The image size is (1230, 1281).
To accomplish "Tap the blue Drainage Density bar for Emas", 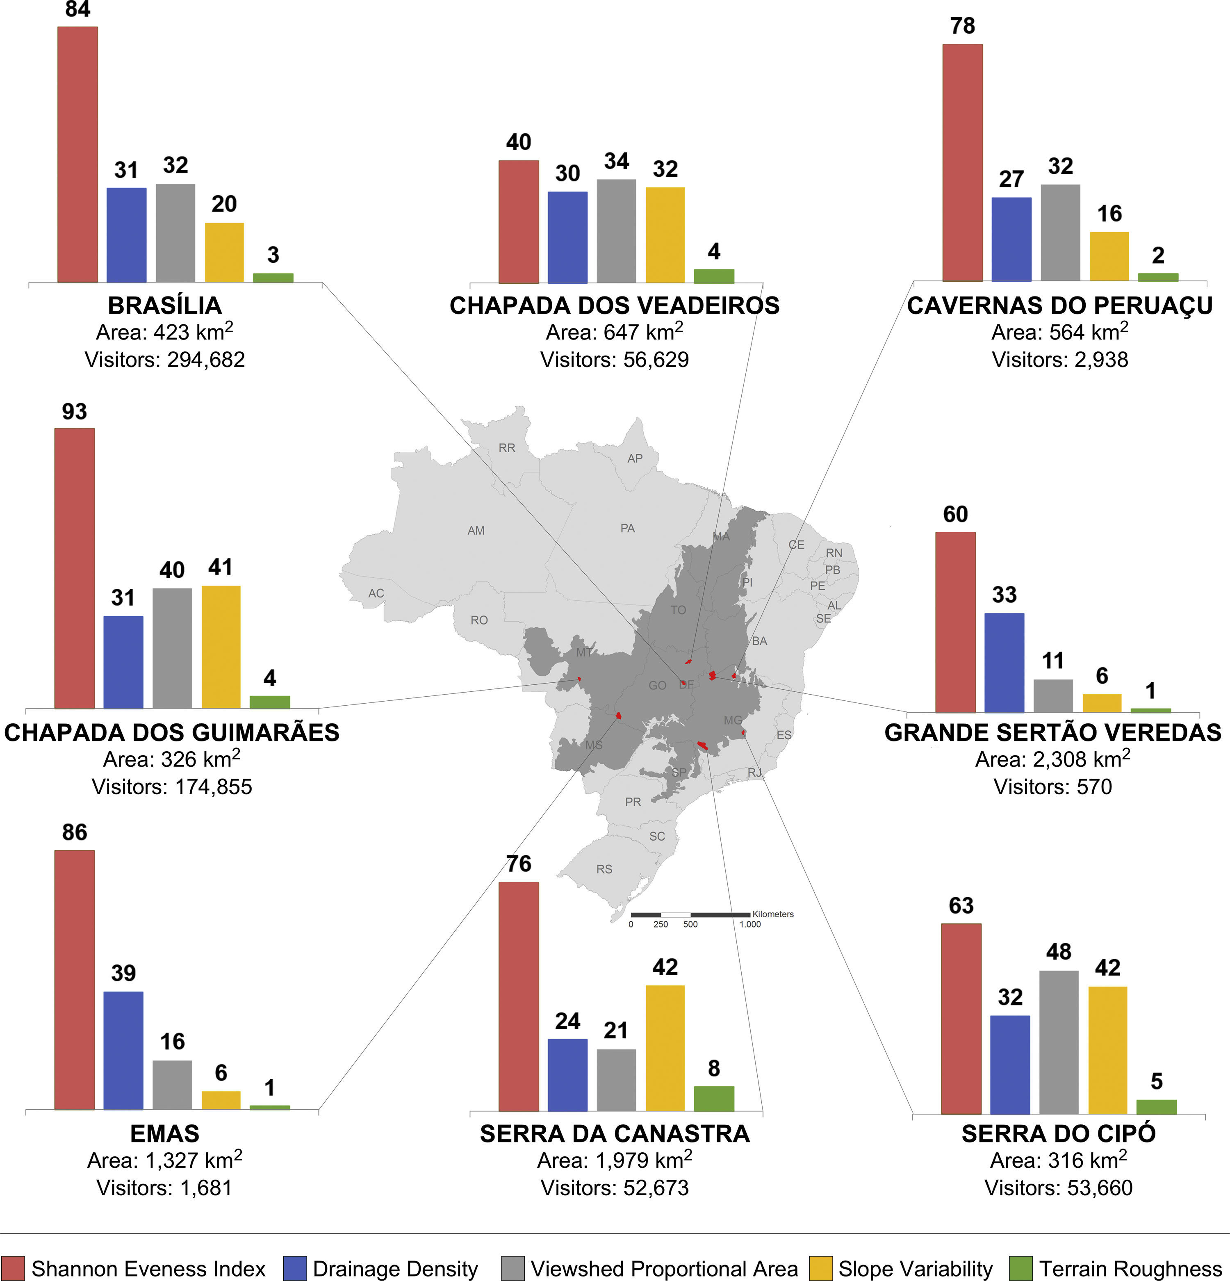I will click(123, 1050).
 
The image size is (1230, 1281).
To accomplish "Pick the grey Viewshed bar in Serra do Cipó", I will click(1058, 1042).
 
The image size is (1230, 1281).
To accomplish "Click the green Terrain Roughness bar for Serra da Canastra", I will click(714, 1098).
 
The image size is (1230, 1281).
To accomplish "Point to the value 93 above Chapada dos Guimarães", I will click(75, 412).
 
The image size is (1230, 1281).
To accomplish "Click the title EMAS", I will click(165, 1133).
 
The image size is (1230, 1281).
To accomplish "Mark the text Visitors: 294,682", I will click(165, 360).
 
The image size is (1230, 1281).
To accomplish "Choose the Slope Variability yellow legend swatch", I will click(821, 1268).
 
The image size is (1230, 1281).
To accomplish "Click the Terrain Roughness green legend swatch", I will click(1021, 1268).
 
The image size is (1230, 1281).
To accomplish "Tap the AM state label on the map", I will click(476, 531).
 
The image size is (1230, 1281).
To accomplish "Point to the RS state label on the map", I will click(604, 869).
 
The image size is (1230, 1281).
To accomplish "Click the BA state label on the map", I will click(759, 641).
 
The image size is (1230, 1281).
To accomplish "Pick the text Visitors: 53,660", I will click(1058, 1188).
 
